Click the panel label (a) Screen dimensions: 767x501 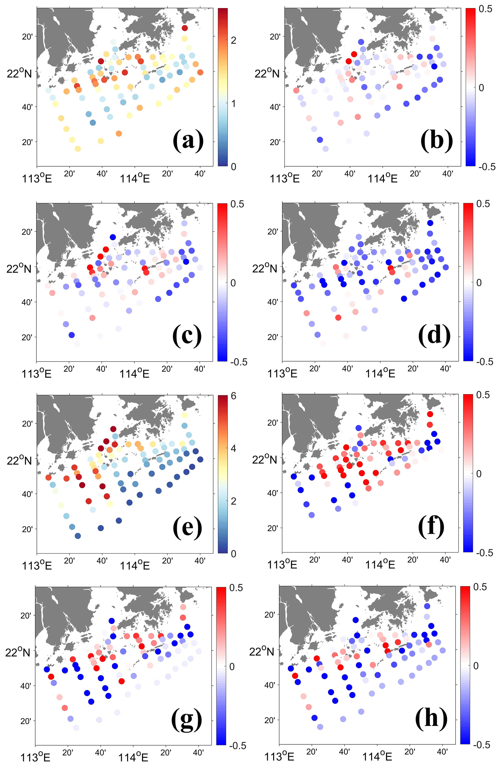coord(188,141)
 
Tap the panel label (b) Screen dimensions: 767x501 coord(436,141)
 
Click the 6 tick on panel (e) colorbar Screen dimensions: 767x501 coord(233,395)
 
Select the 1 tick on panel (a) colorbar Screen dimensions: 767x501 coord(233,103)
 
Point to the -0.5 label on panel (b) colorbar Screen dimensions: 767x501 coord(487,167)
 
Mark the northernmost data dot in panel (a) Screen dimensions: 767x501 coord(184,28)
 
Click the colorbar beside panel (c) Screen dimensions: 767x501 coord(222,282)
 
